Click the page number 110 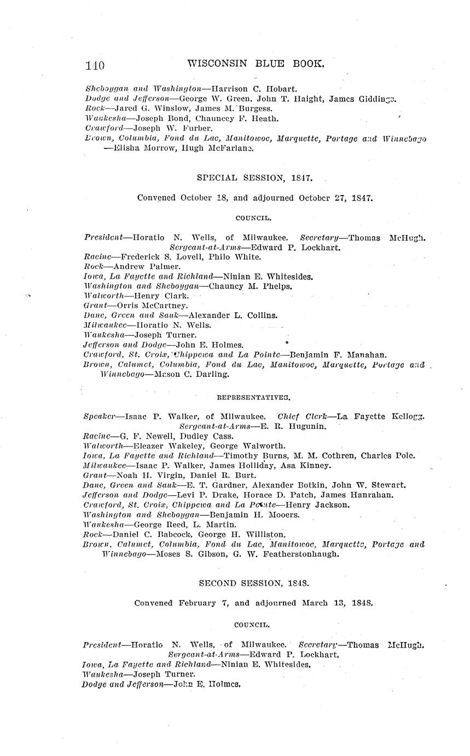(95, 65)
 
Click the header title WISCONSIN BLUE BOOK (256, 64)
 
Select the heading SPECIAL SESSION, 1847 (254, 178)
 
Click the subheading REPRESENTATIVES (253, 398)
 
